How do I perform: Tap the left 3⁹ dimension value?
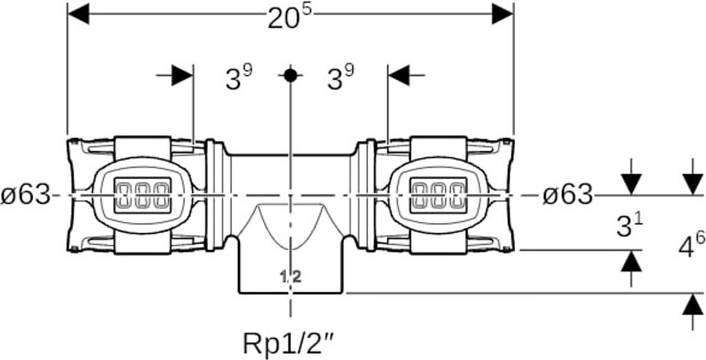tap(239, 79)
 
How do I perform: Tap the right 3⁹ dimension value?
tap(340, 79)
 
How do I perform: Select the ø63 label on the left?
tap(26, 195)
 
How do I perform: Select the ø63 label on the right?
tap(567, 195)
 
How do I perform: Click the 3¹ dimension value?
tap(628, 225)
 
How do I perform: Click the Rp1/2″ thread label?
tap(290, 341)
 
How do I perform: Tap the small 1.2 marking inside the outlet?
tap(291, 277)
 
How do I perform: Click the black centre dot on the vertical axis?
tap(290, 75)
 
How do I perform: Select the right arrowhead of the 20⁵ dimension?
tap(503, 12)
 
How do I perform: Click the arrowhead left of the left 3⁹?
tap(183, 75)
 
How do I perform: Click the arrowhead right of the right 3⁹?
tap(399, 75)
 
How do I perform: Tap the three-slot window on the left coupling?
tap(141, 194)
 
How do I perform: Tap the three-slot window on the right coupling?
tap(438, 194)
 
